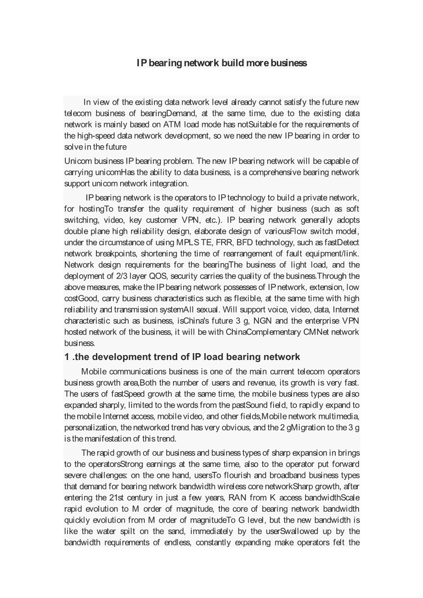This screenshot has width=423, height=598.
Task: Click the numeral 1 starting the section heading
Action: [x=67, y=357]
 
